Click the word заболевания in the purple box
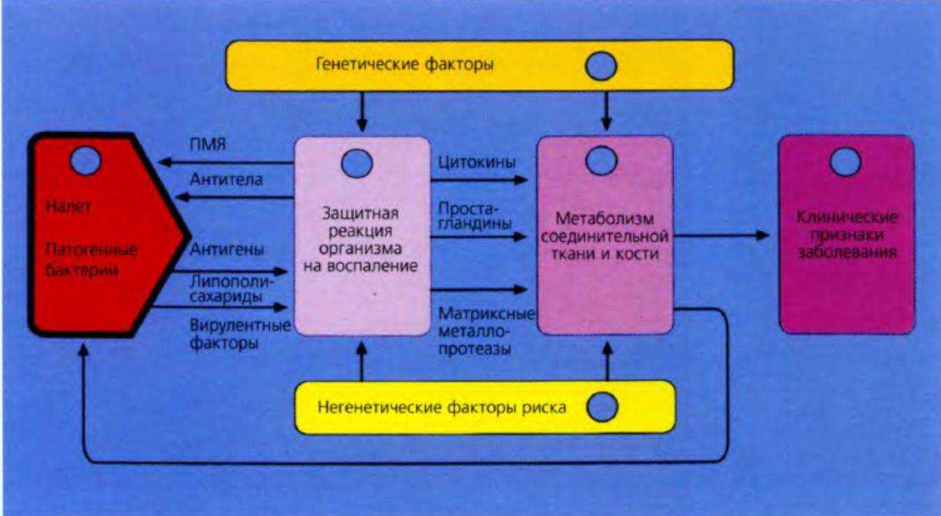pos(847,252)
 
